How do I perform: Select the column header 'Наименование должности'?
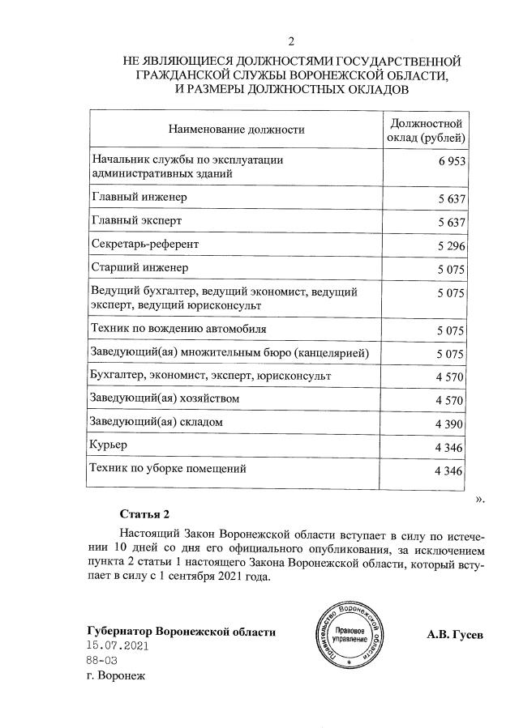pyautogui.click(x=236, y=129)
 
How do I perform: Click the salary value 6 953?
pyautogui.click(x=453, y=163)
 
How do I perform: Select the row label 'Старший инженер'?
pyautogui.click(x=139, y=266)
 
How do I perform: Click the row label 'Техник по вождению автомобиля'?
pyautogui.click(x=179, y=330)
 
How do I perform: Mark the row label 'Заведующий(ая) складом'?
pyautogui.click(x=157, y=422)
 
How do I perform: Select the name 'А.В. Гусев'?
pyautogui.click(x=455, y=635)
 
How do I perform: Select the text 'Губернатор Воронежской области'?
pyautogui.click(x=181, y=632)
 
